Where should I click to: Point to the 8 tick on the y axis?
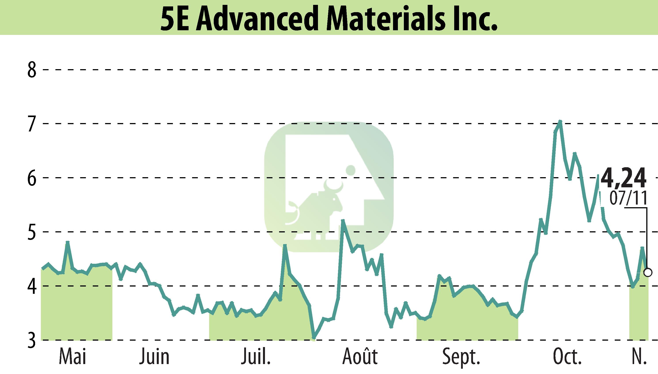tap(32, 70)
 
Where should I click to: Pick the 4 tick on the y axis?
tap(32, 286)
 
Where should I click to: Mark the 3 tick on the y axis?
tap(32, 340)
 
